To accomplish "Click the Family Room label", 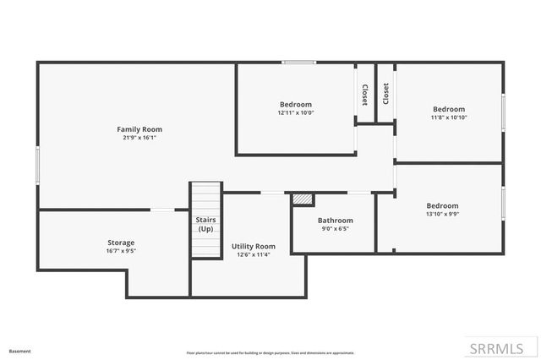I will (x=139, y=128).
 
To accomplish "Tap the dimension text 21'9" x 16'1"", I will (x=139, y=137).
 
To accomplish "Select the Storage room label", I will (x=120, y=243).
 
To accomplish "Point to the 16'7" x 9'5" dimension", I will (x=120, y=251).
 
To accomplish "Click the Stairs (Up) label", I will (x=205, y=224).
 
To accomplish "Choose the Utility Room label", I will (x=254, y=246).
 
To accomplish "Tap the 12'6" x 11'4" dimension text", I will (x=254, y=254).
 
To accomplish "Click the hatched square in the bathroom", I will (x=303, y=199).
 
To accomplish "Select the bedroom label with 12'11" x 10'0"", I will (x=296, y=104).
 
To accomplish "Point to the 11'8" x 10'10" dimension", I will (x=449, y=117).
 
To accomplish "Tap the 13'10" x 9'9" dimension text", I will (x=442, y=214).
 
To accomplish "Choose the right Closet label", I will (x=385, y=93).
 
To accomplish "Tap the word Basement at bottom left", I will (x=20, y=351).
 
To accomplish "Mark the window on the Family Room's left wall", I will (x=37, y=164).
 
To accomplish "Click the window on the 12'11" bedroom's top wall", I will (x=299, y=62).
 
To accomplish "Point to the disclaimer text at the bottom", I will (x=270, y=352).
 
